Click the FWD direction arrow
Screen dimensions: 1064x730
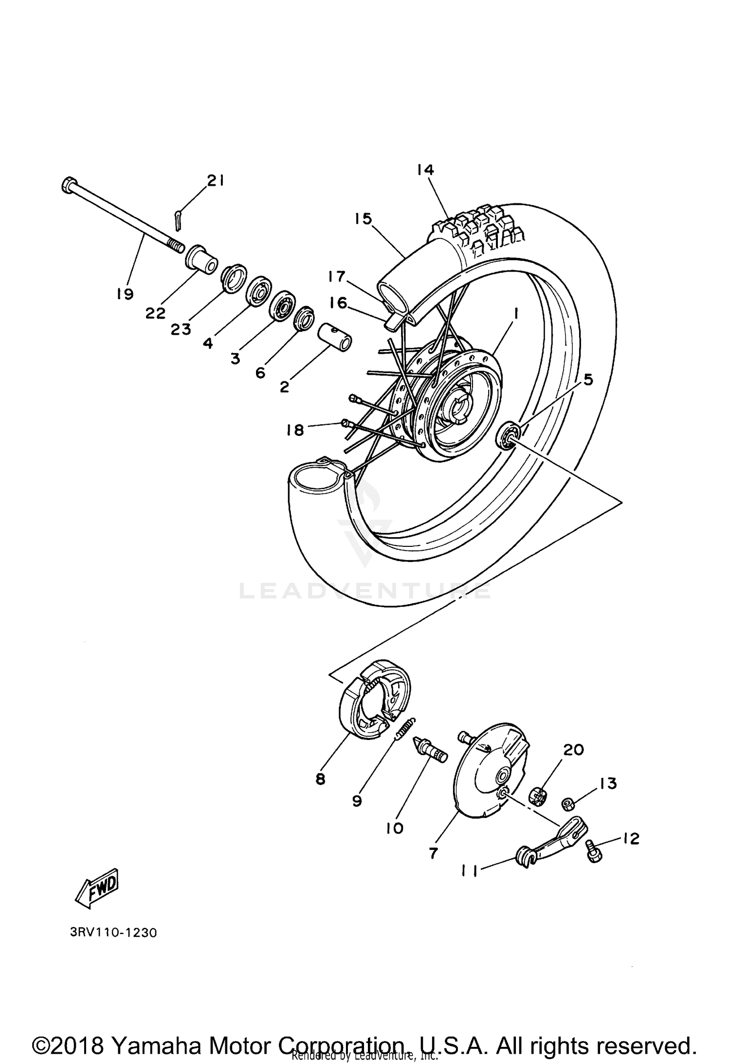tap(96, 887)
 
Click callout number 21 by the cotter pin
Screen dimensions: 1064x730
tap(215, 181)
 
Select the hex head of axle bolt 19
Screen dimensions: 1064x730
tap(68, 185)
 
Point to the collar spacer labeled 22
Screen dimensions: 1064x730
tap(201, 261)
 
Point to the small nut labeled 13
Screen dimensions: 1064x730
tap(567, 804)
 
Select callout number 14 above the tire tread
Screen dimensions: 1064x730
tap(425, 170)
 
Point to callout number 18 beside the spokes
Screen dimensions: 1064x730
tap(295, 430)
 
